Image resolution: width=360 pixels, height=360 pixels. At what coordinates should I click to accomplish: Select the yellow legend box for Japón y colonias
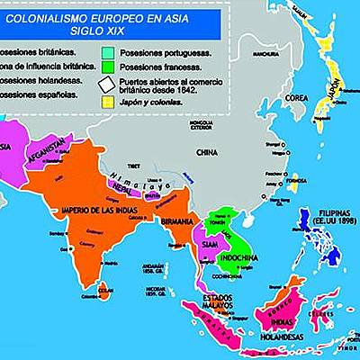110,102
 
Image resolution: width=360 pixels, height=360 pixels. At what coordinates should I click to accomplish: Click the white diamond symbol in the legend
110,84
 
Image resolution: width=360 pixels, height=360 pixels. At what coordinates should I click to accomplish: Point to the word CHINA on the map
208,152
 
